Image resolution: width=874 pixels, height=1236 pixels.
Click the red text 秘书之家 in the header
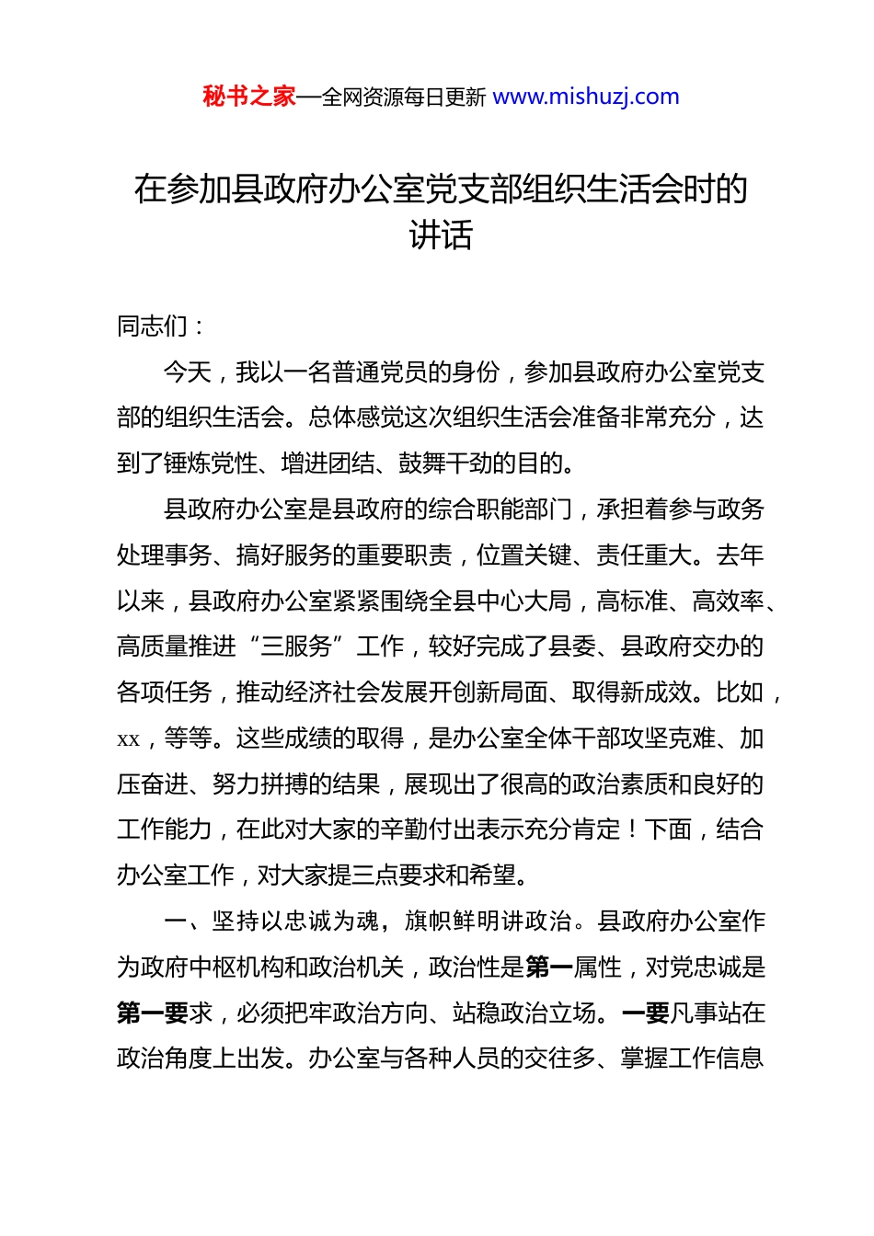click(249, 97)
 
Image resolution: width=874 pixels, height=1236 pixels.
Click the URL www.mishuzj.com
click(586, 97)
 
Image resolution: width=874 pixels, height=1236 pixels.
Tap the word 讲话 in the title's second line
click(441, 235)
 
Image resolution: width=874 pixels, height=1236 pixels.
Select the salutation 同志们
click(153, 326)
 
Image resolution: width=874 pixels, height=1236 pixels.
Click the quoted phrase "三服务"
click(296, 647)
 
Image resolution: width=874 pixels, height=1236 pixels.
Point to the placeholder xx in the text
click(128, 739)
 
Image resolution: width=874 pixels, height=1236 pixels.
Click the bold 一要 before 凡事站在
click(645, 1013)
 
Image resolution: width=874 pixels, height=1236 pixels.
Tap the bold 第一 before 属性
click(549, 967)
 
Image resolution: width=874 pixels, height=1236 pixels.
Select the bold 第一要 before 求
click(153, 1013)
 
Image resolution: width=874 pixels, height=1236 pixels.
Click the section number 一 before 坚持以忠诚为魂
click(176, 921)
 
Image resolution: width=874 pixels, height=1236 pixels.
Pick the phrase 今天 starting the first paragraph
click(188, 372)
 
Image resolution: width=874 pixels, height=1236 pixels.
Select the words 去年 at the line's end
click(740, 555)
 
